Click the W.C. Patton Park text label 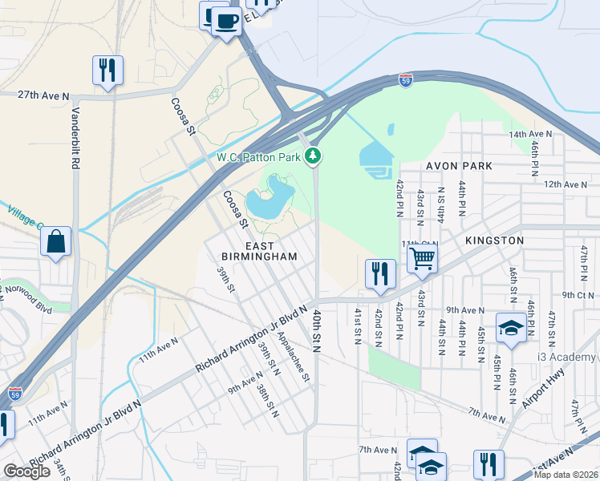[257, 157]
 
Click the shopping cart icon [421, 258]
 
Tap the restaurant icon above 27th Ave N [107, 69]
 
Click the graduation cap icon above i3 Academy [511, 328]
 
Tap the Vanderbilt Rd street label [76, 138]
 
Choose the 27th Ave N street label [43, 94]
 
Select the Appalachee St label [292, 360]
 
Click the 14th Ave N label [530, 134]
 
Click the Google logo [26, 471]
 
